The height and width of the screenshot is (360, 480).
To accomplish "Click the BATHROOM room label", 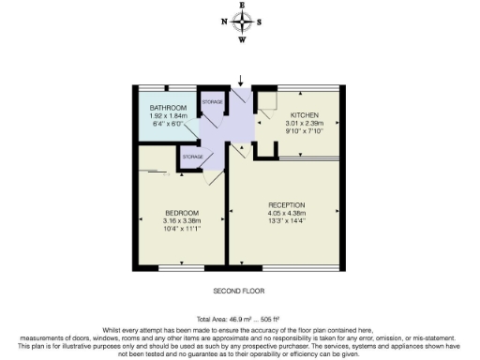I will (169, 109).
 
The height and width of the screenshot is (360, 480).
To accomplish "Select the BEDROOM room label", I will (182, 212).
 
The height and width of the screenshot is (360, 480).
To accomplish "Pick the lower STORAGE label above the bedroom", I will (193, 156).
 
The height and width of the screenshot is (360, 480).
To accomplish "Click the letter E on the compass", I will (243, 5).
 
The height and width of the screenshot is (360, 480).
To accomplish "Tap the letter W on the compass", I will (243, 39).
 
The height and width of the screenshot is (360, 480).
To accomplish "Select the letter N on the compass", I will (223, 22).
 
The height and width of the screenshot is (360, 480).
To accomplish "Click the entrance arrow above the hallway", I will (242, 82).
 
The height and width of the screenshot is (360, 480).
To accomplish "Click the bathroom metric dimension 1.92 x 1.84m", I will (169, 116).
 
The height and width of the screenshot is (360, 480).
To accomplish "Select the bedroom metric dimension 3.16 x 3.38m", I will (182, 220).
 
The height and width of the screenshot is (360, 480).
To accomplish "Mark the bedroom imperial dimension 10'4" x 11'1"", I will (182, 228).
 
